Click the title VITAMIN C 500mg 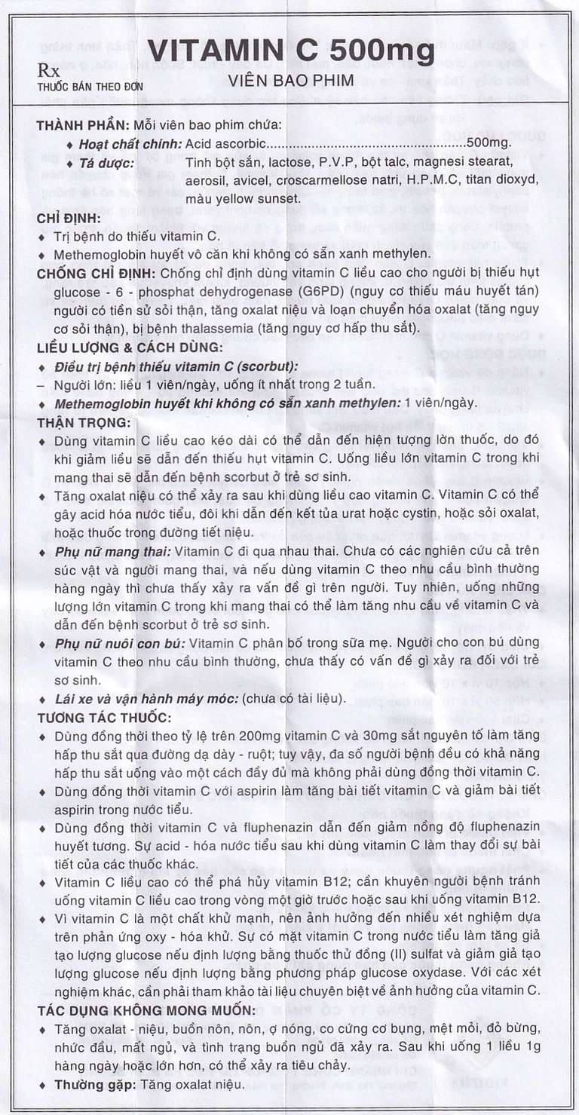pyautogui.click(x=290, y=51)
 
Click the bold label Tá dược pyautogui.click(x=105, y=162)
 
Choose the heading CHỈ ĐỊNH pyautogui.click(x=69, y=219)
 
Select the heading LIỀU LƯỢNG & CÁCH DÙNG pyautogui.click(x=130, y=348)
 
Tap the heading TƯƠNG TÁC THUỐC pyautogui.click(x=104, y=717)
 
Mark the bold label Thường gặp pyautogui.click(x=90, y=1085)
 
